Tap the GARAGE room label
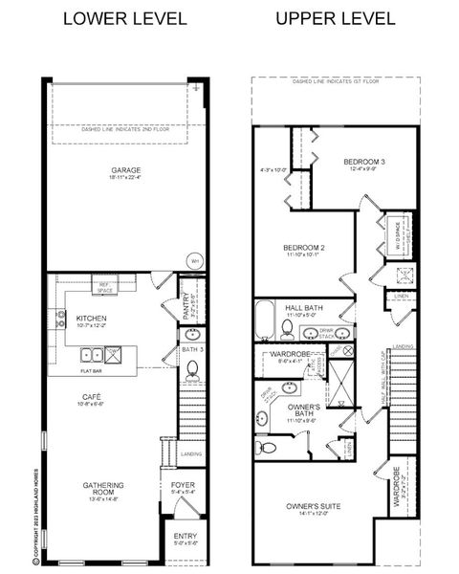(x=125, y=170)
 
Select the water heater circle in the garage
(x=194, y=259)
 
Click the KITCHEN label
(x=92, y=318)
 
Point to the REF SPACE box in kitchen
(x=104, y=284)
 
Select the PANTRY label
(x=188, y=306)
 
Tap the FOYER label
(x=183, y=485)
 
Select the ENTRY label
(x=183, y=538)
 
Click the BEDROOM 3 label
(x=364, y=162)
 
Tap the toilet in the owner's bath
(x=268, y=447)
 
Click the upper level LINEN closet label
(x=401, y=297)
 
